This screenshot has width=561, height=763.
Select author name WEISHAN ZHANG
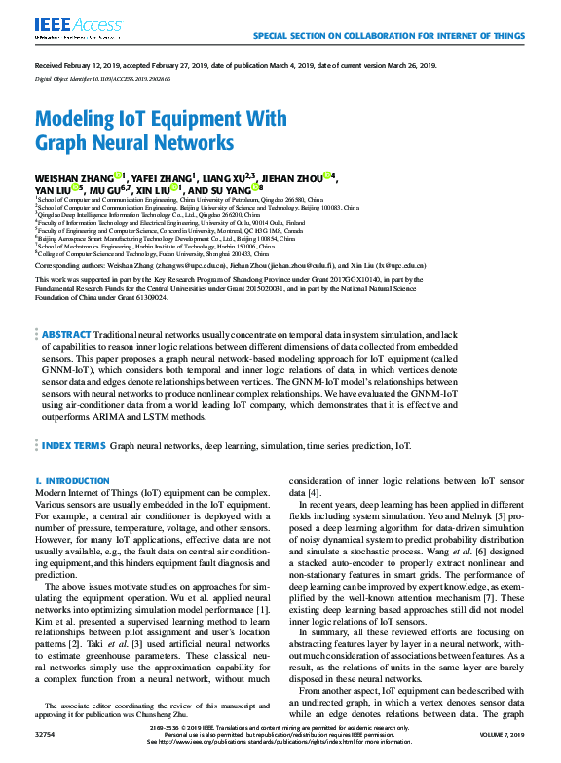click(73, 177)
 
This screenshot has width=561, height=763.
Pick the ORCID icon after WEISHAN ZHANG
click(118, 176)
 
